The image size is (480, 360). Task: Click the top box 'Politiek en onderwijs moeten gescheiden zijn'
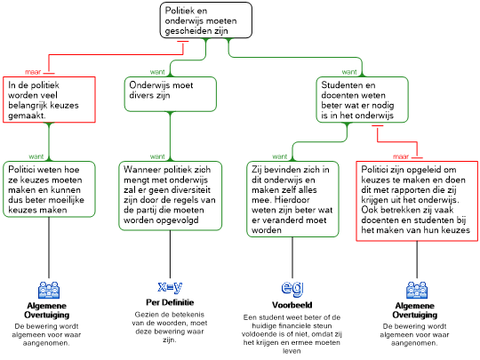[x=206, y=20]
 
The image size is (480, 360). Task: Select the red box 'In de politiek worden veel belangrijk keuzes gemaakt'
[x=49, y=100]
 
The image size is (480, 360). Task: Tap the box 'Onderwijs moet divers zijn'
[x=170, y=94]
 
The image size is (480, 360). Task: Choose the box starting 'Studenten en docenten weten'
[x=362, y=100]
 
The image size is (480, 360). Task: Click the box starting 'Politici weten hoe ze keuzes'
[x=49, y=189]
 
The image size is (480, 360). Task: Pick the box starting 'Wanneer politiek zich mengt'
[x=170, y=196]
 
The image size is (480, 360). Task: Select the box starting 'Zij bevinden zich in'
[x=292, y=199]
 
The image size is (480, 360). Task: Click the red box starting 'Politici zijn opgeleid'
[x=417, y=201]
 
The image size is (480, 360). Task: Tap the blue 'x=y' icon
[x=170, y=287]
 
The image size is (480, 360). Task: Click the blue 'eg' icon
[x=292, y=288]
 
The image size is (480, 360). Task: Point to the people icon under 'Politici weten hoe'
[x=49, y=290]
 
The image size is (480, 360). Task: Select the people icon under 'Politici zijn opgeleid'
[x=417, y=290]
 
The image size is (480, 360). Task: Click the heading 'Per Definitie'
[x=170, y=302]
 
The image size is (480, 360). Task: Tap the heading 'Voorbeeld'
[x=292, y=305]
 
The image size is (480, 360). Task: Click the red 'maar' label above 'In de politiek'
[x=33, y=72]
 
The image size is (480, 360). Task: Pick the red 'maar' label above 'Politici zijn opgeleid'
[x=401, y=156]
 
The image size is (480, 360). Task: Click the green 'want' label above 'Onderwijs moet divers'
[x=157, y=72]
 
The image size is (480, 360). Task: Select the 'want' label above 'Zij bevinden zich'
[x=280, y=156]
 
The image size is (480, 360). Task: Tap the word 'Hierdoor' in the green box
[x=292, y=200]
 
